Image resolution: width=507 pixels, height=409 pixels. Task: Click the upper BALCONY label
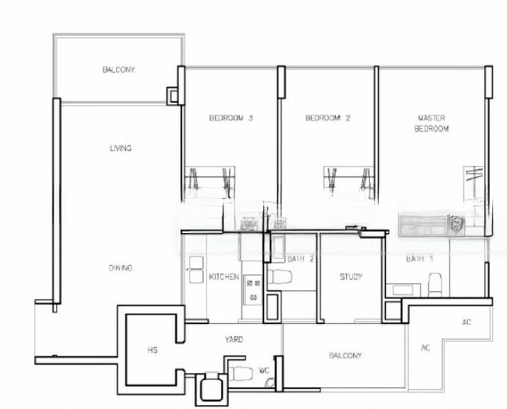[x=119, y=70]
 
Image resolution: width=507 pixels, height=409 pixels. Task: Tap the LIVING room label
[x=121, y=148]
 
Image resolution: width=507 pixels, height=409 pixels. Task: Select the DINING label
[x=120, y=268]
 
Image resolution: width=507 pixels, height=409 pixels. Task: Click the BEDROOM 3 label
[x=231, y=118]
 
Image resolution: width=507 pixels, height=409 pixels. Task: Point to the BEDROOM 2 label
[x=327, y=118]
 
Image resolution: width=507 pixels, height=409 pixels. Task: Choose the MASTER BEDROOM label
[x=431, y=123]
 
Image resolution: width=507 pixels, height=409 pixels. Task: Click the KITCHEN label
[x=224, y=277]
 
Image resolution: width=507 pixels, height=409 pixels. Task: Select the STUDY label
[x=351, y=277]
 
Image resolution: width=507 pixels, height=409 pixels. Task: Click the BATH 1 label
[x=420, y=259]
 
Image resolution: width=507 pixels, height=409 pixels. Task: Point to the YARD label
[x=234, y=339]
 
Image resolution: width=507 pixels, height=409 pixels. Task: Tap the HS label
[x=153, y=350]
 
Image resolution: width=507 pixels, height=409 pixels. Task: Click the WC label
[x=264, y=372]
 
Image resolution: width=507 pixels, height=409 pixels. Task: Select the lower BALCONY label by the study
[x=345, y=355]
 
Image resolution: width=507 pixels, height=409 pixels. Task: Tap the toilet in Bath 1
[x=435, y=283]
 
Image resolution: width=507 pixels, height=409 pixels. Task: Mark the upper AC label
[x=467, y=322]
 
